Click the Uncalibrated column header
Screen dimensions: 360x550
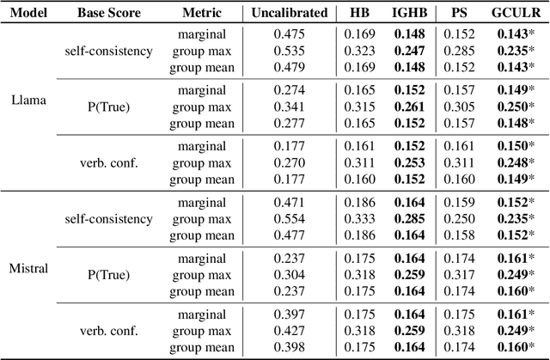tap(289, 13)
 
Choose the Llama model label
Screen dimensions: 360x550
tap(28, 99)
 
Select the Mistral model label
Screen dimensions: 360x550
tap(28, 269)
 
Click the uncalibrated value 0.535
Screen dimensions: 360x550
tap(289, 50)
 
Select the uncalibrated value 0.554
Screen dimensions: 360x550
tap(289, 219)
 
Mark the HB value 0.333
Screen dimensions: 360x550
tap(361, 219)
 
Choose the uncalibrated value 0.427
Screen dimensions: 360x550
tap(289, 330)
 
